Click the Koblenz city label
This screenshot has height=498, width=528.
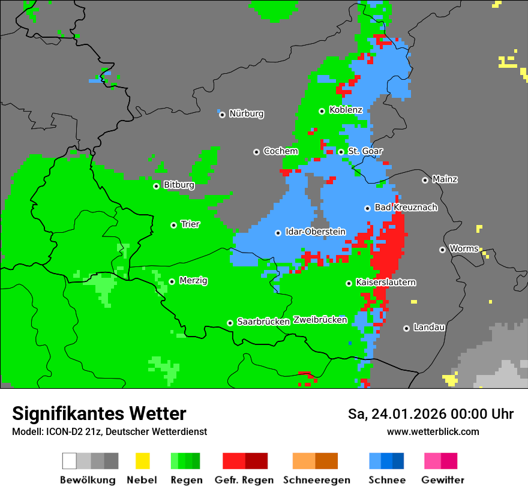coord(346,110)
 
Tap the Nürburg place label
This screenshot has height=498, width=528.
coord(246,113)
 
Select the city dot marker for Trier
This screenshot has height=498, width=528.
coord(173,225)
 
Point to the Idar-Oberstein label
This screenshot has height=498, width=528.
coord(315,232)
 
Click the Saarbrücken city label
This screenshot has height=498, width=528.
coord(263,322)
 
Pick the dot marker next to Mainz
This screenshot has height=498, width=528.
coord(425,180)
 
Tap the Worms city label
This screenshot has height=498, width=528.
coord(464,248)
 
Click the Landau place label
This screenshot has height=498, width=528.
coord(429,327)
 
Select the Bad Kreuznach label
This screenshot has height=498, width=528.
coord(406,207)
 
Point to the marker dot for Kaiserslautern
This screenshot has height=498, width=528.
coord(349,283)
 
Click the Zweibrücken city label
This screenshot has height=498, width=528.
coord(320,320)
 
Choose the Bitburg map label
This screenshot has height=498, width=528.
coord(179,185)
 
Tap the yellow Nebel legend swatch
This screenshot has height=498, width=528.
coord(142,461)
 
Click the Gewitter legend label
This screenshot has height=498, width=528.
coord(442,480)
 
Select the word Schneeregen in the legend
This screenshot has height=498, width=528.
coord(317,480)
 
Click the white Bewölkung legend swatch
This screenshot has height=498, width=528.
coord(70,461)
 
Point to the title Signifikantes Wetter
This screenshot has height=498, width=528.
coord(99,413)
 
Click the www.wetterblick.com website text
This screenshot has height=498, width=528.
coord(433,431)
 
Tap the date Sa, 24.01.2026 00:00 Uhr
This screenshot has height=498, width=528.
coord(430,414)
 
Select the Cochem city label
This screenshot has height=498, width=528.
coord(280,151)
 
